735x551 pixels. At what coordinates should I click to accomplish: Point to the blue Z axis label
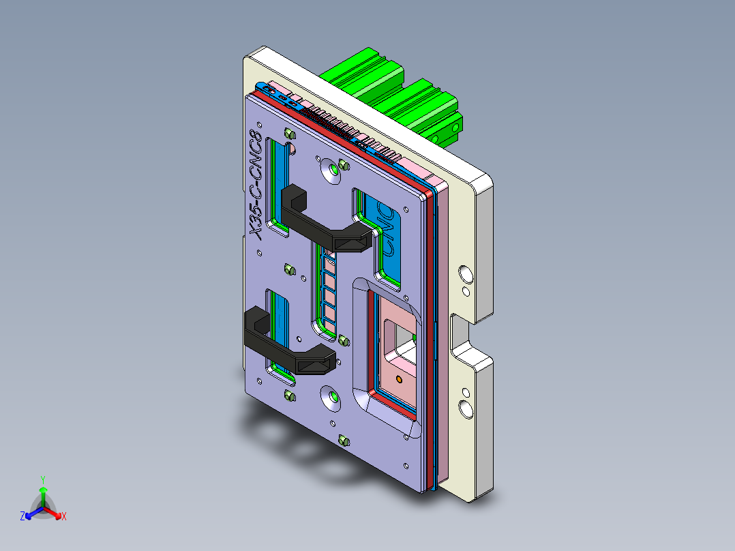[22, 517]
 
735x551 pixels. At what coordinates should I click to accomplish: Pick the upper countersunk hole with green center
[335, 168]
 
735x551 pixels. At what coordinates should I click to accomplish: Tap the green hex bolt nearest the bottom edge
[343, 441]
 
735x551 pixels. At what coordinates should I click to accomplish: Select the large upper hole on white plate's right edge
[466, 274]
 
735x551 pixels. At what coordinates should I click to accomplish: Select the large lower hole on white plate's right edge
[466, 408]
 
